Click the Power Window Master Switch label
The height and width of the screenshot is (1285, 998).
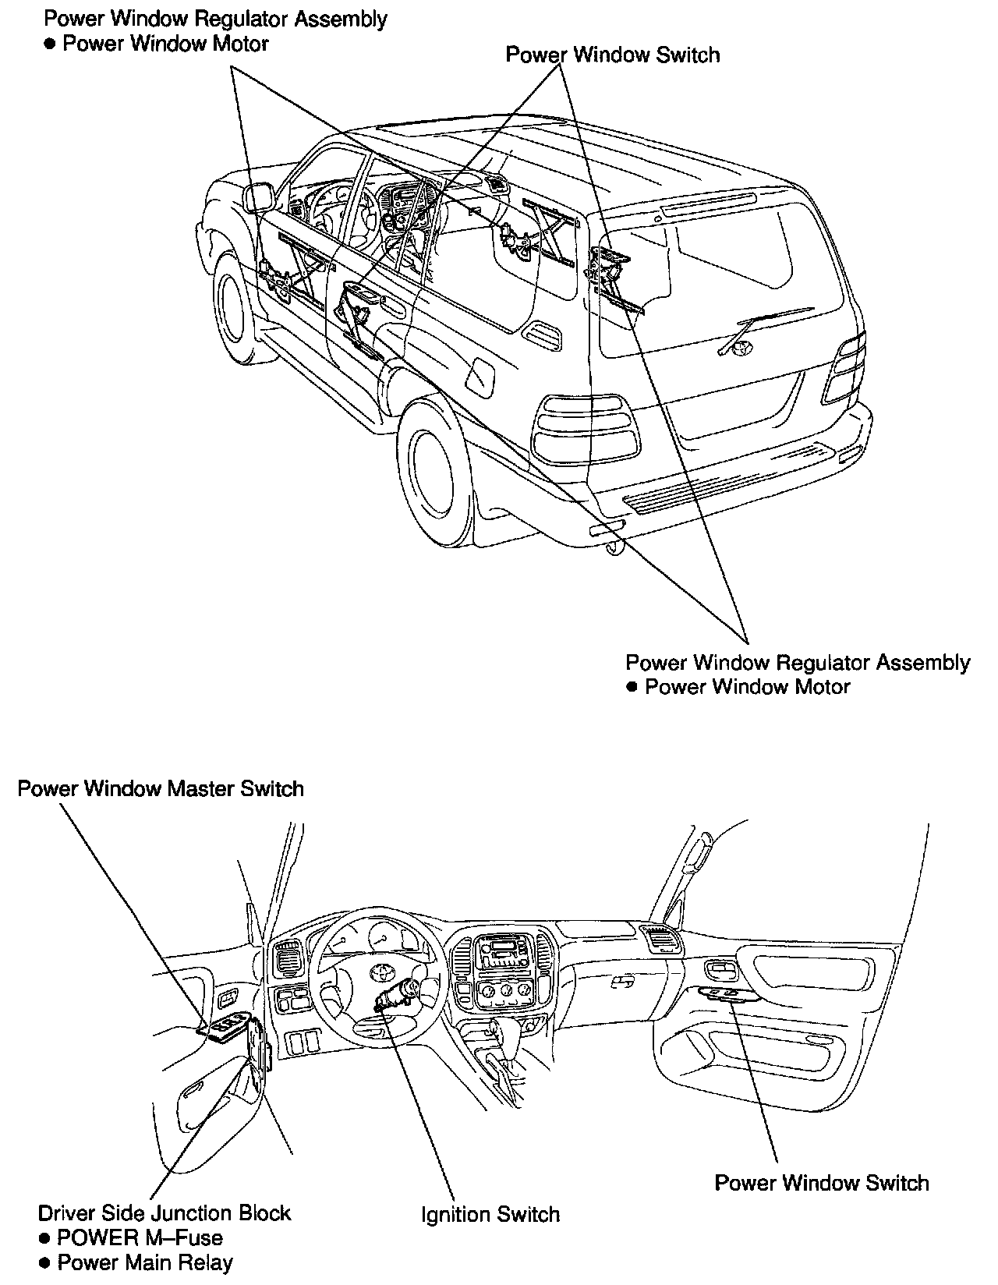[x=161, y=788]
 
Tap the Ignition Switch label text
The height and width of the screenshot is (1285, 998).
[x=490, y=1214]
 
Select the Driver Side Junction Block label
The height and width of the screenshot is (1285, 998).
[x=164, y=1212]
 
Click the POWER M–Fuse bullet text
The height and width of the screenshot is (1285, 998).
[x=140, y=1237]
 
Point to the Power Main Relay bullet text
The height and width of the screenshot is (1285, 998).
[x=145, y=1262]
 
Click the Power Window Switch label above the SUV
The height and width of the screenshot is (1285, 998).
[x=612, y=55]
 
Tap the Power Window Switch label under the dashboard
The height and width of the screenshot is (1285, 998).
[x=822, y=1183]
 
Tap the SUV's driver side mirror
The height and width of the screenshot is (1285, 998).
[x=259, y=197]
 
